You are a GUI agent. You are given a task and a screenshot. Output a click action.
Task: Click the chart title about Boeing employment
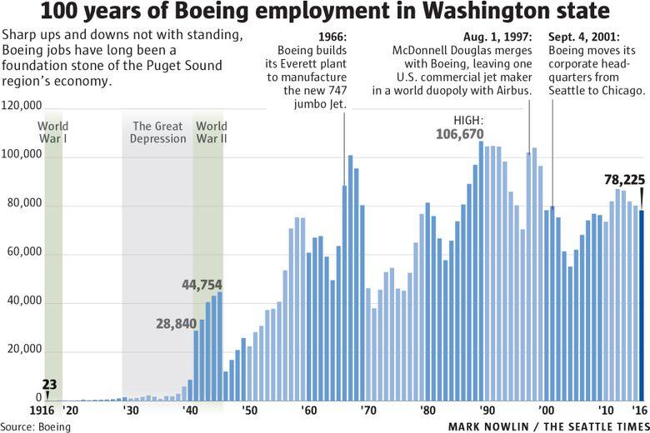[325, 14]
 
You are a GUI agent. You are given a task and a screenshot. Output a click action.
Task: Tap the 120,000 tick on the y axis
[22, 107]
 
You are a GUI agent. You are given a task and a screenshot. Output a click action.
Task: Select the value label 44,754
[202, 285]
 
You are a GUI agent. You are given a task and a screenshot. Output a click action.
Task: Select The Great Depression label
[157, 132]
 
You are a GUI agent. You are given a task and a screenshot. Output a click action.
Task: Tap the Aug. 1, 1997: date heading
[497, 37]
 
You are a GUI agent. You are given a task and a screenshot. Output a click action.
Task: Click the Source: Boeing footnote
[36, 426]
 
